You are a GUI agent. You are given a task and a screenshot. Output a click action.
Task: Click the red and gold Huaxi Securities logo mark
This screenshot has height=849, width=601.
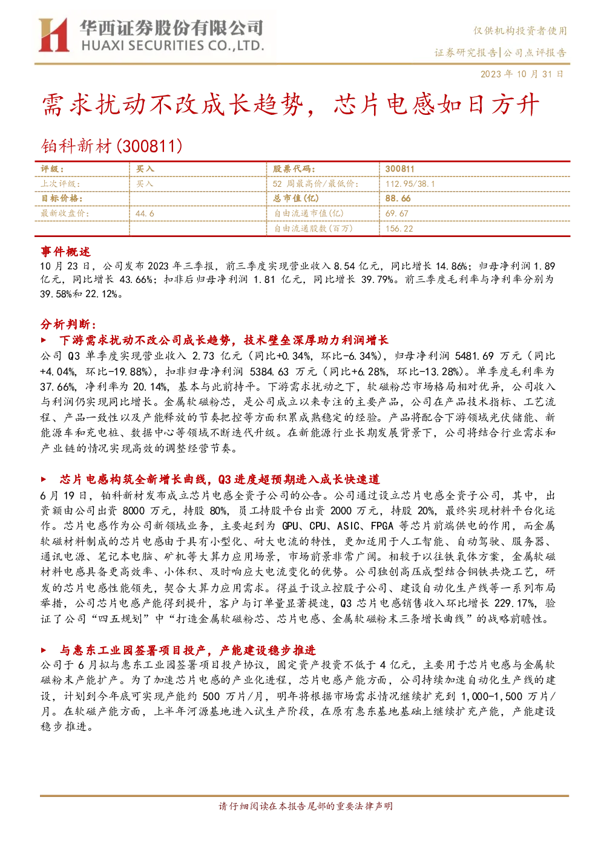click(53, 34)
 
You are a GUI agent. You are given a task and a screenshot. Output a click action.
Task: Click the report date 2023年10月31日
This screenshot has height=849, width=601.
click(522, 74)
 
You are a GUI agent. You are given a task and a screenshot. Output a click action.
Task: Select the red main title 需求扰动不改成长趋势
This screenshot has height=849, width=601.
click(172, 105)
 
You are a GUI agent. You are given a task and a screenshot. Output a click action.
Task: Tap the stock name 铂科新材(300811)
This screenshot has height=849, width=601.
click(111, 146)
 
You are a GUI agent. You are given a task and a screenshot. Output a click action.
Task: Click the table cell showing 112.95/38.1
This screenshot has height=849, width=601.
click(410, 184)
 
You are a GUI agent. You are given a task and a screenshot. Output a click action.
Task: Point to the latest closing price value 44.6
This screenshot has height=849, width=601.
click(145, 213)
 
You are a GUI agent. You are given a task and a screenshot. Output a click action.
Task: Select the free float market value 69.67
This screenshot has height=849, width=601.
click(397, 213)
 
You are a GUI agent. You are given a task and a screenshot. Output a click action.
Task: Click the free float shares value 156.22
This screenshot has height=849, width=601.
click(399, 229)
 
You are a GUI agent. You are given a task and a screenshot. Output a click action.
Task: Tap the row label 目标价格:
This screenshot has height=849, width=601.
click(62, 198)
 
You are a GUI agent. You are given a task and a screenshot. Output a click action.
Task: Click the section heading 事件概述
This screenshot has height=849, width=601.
click(65, 252)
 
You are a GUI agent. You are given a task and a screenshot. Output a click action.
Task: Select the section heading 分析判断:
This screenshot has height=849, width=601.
click(68, 324)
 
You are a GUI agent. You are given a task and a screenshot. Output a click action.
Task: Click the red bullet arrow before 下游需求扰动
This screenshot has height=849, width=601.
click(44, 340)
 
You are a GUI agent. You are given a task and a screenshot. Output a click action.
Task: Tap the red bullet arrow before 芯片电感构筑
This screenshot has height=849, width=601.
click(44, 480)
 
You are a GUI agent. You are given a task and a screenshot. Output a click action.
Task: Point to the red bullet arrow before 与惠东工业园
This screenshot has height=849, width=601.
click(44, 651)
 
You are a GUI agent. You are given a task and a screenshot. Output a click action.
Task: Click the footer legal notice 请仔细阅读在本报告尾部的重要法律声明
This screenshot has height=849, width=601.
click(306, 806)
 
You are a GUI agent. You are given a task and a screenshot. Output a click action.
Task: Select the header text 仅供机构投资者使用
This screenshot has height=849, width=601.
click(520, 31)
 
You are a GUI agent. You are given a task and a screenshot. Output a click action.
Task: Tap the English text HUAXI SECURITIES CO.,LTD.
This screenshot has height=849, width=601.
click(172, 45)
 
